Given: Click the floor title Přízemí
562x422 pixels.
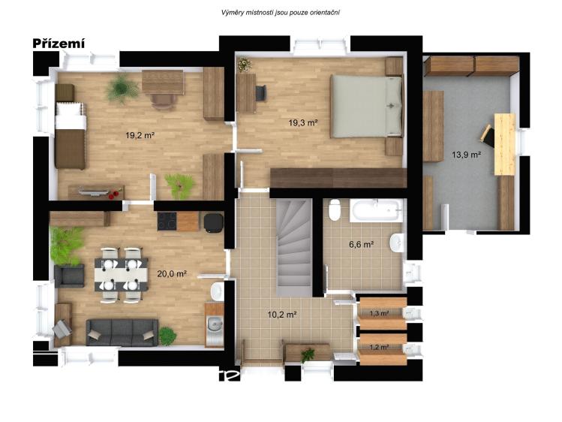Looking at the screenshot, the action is (59, 44).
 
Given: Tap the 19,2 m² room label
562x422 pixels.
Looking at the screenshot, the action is (140, 135).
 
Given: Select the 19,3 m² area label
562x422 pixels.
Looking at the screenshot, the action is (303, 123).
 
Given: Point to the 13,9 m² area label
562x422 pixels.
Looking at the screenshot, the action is (466, 155).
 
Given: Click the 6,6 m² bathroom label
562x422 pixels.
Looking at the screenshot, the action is (362, 245).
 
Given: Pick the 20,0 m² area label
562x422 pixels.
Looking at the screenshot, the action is (172, 273).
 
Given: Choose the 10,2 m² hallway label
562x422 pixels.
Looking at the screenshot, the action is (282, 315).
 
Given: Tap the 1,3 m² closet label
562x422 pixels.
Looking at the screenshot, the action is (379, 313).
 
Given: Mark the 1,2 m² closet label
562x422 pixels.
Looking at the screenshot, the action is (379, 347).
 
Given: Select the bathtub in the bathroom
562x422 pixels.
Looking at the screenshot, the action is (377, 210).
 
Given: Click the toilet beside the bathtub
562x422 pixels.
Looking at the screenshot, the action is (335, 209).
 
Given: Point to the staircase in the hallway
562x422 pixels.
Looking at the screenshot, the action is (294, 248).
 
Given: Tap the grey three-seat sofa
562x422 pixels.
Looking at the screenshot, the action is (122, 333).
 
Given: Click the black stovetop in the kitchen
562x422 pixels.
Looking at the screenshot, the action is (167, 222).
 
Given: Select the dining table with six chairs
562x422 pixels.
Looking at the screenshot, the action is (121, 274).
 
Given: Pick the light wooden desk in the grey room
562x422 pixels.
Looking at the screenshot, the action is (505, 144).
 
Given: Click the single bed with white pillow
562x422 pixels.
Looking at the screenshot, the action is (71, 135).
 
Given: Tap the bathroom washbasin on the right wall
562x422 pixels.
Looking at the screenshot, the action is (397, 243).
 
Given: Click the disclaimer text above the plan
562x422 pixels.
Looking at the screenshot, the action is (281, 13).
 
